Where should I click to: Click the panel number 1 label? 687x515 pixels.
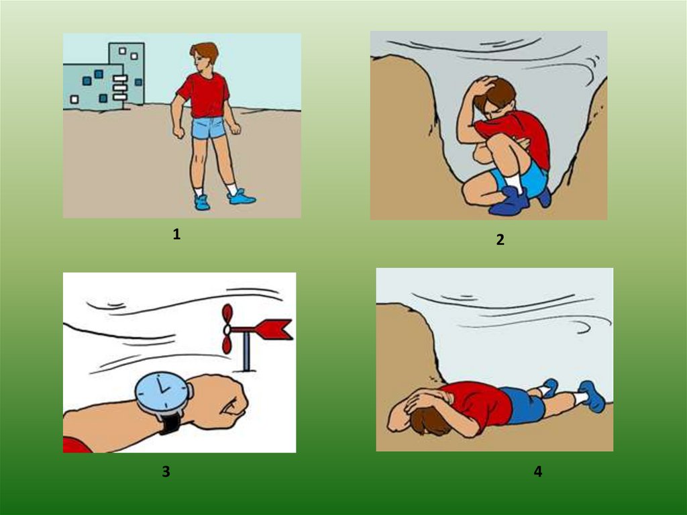(176, 234)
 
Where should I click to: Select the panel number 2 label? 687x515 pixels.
(500, 240)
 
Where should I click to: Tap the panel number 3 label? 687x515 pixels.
(166, 471)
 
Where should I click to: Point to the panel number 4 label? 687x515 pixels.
(538, 471)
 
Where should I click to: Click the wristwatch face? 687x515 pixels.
(162, 391)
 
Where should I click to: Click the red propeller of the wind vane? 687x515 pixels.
(227, 329)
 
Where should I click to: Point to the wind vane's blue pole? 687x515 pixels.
(246, 351)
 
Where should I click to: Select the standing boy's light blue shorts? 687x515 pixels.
(209, 128)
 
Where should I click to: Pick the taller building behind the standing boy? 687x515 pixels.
(127, 73)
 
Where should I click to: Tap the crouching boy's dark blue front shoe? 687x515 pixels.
(510, 201)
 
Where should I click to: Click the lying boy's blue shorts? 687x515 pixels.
(523, 406)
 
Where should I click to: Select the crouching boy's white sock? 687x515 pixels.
(513, 182)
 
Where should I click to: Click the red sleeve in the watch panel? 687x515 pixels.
(76, 444)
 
